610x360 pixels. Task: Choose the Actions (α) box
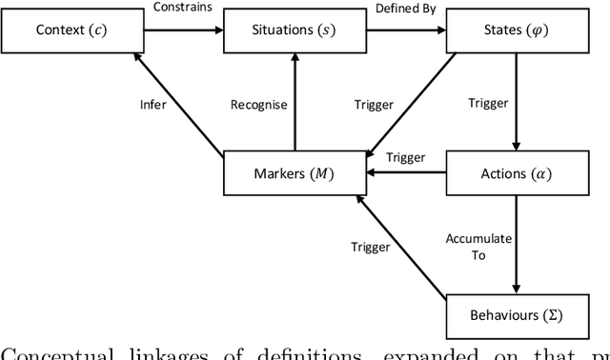[515, 173]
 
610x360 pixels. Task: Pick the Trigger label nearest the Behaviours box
[370, 247]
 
